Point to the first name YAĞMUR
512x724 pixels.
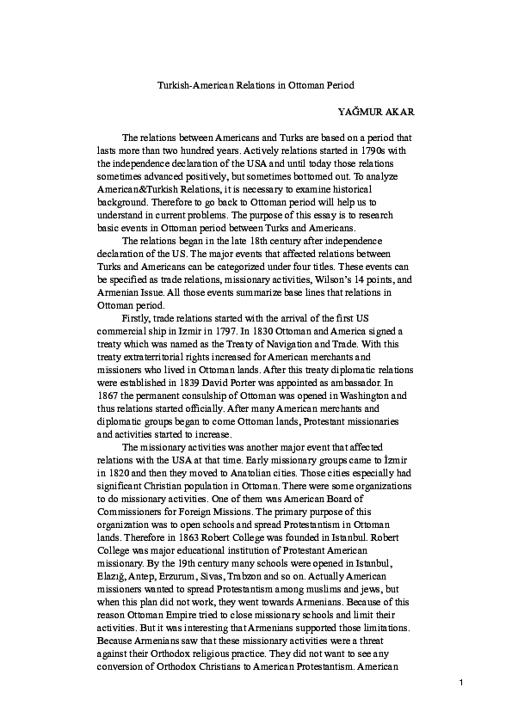[362, 112]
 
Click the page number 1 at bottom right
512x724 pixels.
[462, 683]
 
